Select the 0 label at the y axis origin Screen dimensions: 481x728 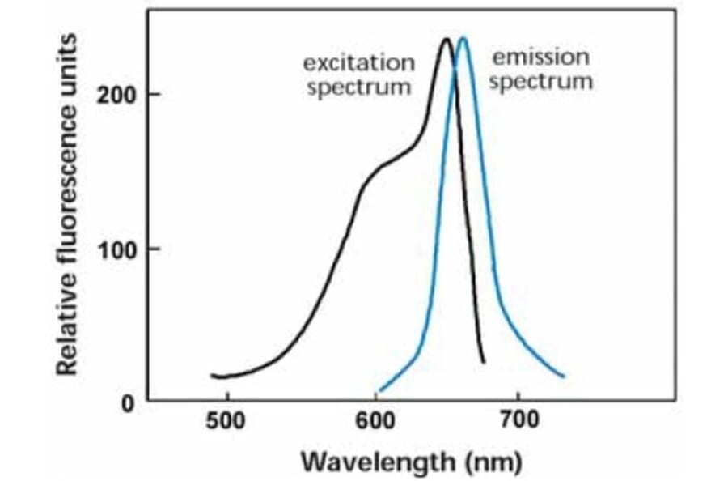[128, 402]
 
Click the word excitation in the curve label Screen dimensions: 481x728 [359, 63]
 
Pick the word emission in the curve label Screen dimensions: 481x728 [541, 57]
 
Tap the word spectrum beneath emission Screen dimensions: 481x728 [541, 82]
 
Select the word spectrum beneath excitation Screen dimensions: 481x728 [359, 87]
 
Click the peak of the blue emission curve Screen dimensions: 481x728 [463, 37]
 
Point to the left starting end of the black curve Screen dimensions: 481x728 [212, 376]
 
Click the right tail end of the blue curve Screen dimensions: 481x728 [563, 377]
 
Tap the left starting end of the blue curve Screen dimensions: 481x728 [379, 390]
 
